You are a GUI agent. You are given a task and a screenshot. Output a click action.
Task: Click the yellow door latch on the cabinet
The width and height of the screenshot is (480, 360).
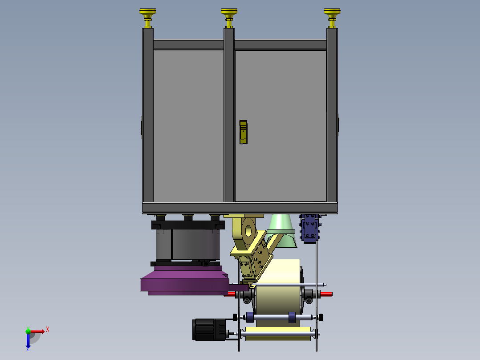[x=244, y=132]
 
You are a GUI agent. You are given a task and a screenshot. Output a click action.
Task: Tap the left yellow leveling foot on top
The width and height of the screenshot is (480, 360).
[x=148, y=18]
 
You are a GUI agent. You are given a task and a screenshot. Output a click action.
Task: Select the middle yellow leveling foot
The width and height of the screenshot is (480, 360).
[x=229, y=18]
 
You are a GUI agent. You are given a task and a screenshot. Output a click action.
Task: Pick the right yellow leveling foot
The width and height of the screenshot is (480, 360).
[x=332, y=18]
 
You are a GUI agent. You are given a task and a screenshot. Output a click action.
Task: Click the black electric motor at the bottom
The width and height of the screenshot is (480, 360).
[x=209, y=330]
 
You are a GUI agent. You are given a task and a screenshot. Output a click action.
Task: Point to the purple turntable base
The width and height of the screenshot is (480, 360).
[x=185, y=281]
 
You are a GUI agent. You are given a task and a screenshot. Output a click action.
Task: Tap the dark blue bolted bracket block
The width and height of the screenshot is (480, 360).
[x=310, y=228]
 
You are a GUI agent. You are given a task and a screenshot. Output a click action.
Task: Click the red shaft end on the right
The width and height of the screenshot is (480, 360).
[x=326, y=295]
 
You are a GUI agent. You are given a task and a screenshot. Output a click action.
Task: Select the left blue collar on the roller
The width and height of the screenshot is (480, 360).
[x=250, y=317]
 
